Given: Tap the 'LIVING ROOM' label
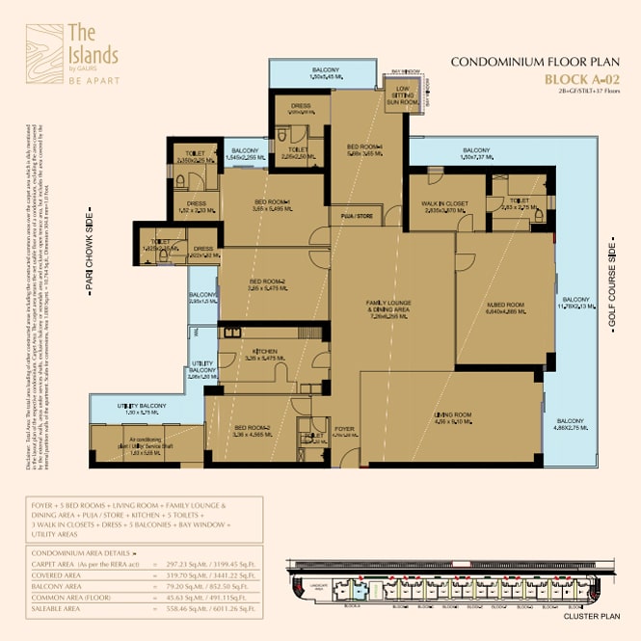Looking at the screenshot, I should (x=451, y=414).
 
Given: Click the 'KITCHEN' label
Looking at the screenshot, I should (x=265, y=352).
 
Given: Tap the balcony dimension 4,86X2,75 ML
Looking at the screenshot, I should (x=570, y=427).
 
